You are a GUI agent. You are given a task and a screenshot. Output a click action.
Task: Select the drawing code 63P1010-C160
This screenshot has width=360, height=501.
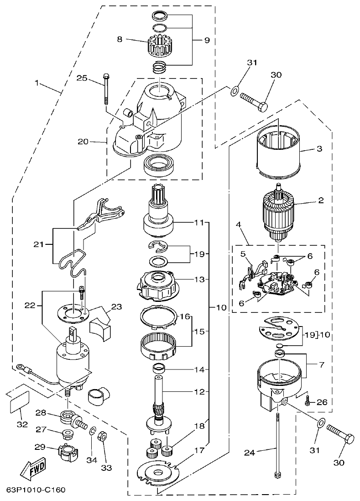36,490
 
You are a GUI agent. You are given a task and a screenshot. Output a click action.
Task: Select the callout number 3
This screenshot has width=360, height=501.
319,149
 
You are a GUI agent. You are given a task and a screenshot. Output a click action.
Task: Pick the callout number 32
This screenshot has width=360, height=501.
22,424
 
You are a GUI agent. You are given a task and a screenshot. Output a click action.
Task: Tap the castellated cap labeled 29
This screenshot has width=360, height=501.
66,454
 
